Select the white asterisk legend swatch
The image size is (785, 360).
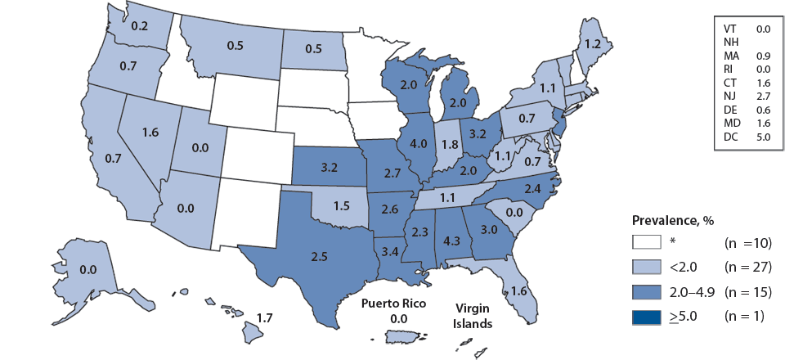pyautogui.click(x=646, y=242)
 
